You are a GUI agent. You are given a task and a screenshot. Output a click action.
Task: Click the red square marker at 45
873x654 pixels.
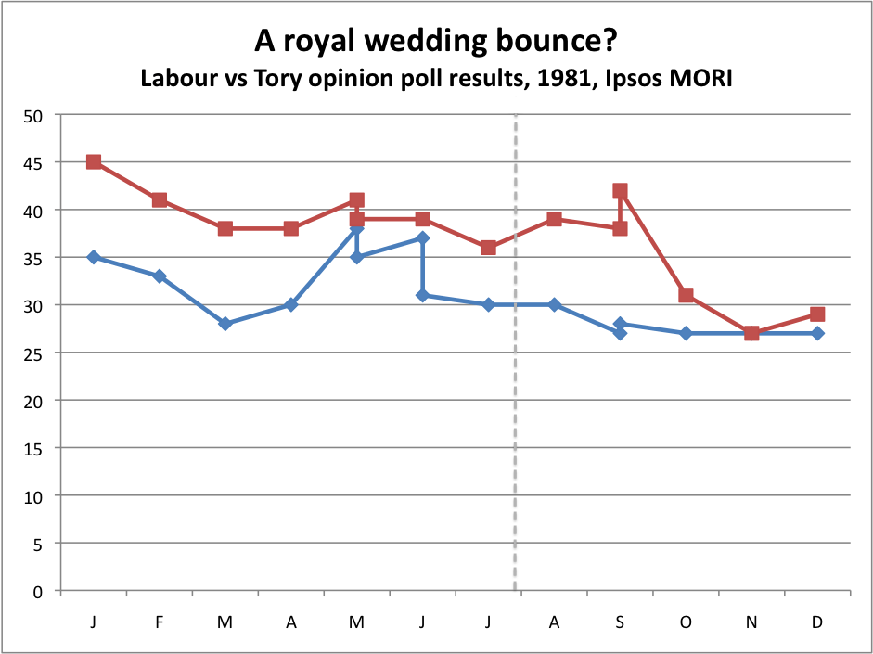(94, 161)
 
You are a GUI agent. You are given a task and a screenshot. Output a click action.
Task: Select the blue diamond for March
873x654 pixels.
(225, 324)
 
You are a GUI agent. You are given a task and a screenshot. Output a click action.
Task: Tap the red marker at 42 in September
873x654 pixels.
(620, 190)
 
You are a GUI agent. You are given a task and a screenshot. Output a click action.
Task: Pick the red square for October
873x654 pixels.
(686, 295)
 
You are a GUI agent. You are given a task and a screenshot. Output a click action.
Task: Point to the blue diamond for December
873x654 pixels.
(817, 333)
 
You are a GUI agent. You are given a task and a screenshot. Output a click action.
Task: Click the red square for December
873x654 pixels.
(817, 314)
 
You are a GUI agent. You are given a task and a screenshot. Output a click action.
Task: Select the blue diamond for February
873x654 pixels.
(160, 276)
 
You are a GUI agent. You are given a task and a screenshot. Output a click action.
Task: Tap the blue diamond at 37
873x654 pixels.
(422, 237)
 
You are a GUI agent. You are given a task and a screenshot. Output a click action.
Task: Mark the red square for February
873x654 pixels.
(160, 199)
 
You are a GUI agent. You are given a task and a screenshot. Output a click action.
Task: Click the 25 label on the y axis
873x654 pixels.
(37, 353)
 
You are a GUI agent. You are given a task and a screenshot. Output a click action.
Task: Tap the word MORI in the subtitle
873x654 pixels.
(702, 78)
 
